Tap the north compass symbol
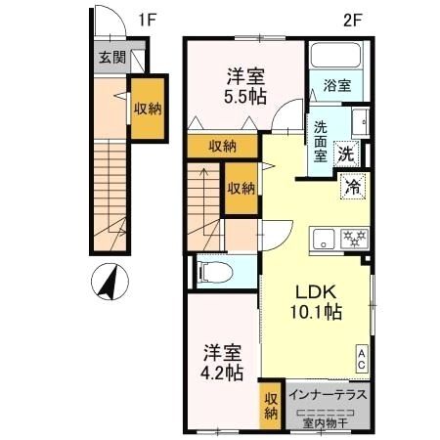110,282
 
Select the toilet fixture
215,273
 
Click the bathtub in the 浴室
335,55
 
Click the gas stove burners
354,239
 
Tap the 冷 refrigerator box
353,187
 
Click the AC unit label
362,359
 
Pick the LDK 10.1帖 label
316,302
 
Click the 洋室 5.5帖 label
245,86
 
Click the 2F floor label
353,21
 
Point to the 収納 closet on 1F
148,109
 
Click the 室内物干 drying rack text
325,423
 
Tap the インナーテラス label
328,395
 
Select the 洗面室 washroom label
321,142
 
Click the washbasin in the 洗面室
361,122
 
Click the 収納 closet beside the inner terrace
271,406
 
